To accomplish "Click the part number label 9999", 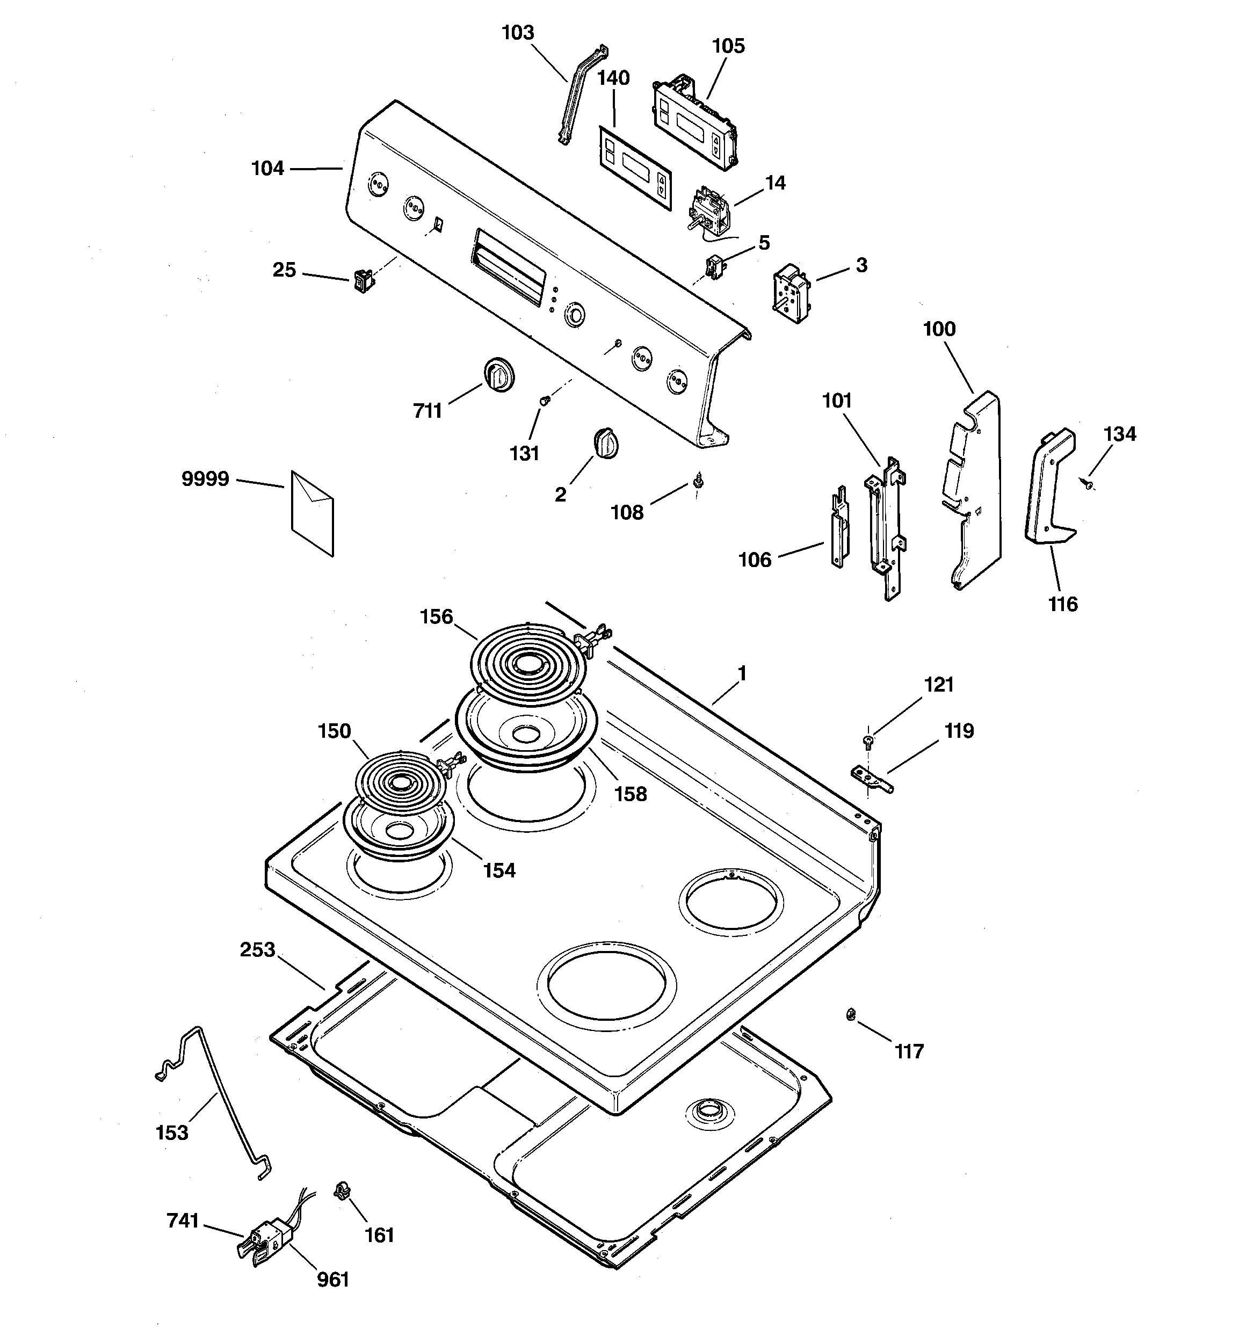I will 205,480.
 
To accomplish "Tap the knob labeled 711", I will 498,374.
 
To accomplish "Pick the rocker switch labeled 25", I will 364,281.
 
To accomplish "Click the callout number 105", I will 728,46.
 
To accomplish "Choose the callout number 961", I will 332,1279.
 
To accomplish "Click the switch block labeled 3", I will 792,295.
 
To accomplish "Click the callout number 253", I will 257,950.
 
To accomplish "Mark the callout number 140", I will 613,78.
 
